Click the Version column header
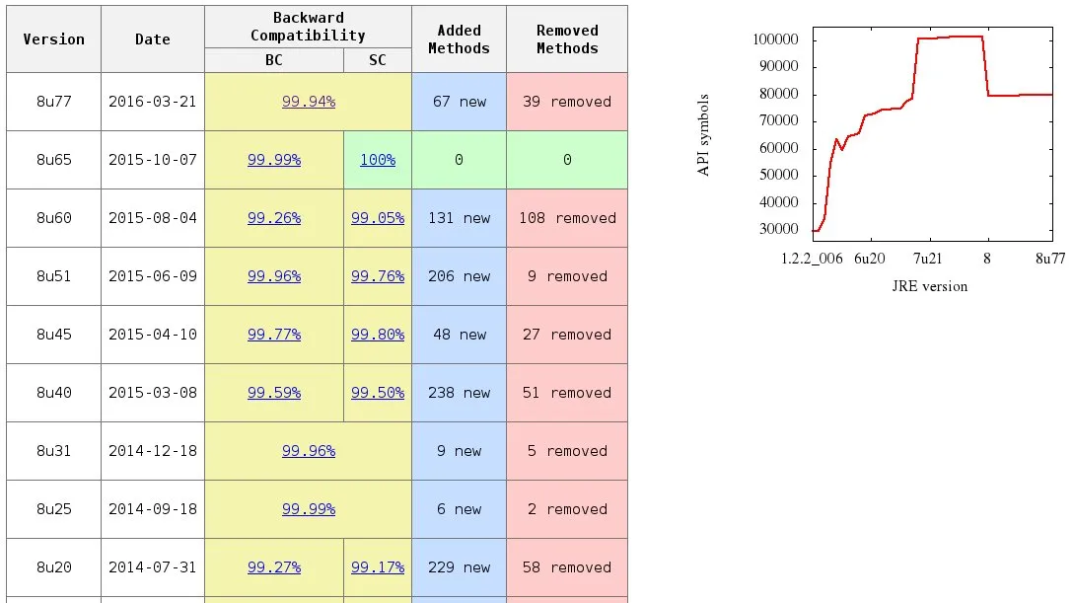53,39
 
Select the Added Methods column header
459,39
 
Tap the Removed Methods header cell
567,39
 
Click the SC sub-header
378,60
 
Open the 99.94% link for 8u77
309,102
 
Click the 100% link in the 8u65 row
378,160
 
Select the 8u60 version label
53,218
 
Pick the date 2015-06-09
153,276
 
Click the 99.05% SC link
378,218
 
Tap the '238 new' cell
459,393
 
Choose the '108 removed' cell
567,218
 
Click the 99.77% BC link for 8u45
274,335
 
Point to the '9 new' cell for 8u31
459,451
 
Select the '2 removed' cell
567,509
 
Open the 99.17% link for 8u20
378,567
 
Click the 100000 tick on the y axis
774,39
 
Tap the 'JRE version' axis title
930,286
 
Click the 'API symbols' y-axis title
704,135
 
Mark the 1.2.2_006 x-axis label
812,259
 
